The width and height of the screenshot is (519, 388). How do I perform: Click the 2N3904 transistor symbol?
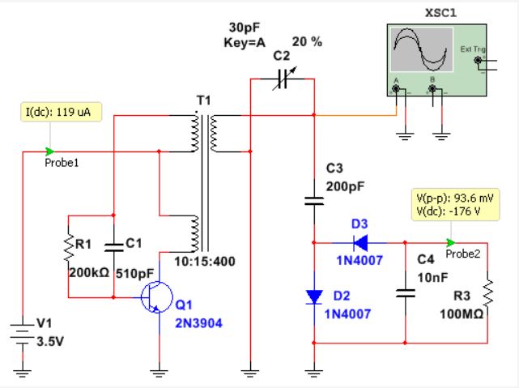(156, 297)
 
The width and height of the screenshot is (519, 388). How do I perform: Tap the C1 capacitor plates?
(113, 247)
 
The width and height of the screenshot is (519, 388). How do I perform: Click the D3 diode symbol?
(360, 243)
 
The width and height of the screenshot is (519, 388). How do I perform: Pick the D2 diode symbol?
(314, 297)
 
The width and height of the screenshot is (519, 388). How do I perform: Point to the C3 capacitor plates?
(314, 201)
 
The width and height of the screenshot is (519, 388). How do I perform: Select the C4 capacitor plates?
(405, 293)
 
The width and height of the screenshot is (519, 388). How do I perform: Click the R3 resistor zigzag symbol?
(488, 292)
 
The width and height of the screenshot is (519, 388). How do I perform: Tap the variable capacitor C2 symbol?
(283, 79)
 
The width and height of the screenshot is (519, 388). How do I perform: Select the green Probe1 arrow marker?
(49, 151)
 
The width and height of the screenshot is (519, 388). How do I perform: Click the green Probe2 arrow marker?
(450, 243)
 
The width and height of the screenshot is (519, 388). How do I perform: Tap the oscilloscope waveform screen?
(422, 49)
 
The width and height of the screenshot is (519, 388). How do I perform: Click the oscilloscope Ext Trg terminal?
(478, 60)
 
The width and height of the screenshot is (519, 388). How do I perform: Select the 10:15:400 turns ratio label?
(205, 262)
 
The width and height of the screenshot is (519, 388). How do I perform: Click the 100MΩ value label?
(462, 313)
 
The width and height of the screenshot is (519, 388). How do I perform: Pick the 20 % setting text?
(307, 41)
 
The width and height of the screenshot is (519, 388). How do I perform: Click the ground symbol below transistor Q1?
(159, 373)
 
